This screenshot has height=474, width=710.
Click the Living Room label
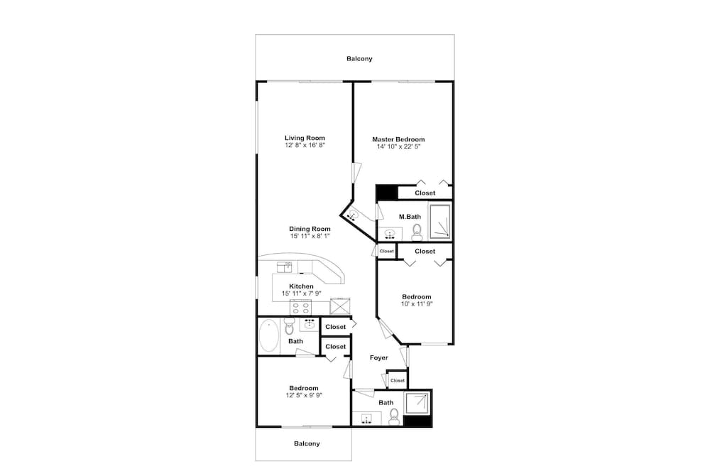tap(305, 138)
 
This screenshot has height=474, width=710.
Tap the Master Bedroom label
tap(398, 139)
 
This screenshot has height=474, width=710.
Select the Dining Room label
tap(310, 229)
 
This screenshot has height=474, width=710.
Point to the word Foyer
tap(379, 357)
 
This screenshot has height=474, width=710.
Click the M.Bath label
tap(410, 217)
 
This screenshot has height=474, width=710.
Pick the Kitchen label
tap(301, 286)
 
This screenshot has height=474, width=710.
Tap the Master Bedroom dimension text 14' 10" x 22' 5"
tap(399, 146)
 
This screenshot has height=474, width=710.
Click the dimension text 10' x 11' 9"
tap(417, 304)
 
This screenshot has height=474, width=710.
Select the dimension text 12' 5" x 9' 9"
tap(304, 395)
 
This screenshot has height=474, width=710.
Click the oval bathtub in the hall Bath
tap(269, 336)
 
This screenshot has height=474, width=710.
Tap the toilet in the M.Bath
tap(417, 232)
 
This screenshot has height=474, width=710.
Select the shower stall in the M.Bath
tap(440, 222)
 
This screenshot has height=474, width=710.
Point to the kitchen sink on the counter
tap(285, 267)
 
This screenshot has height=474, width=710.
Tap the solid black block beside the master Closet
tap(387, 192)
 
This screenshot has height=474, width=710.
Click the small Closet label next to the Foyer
tap(398, 381)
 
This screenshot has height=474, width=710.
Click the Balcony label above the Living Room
tap(359, 58)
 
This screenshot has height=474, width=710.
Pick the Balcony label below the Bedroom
tap(307, 443)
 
